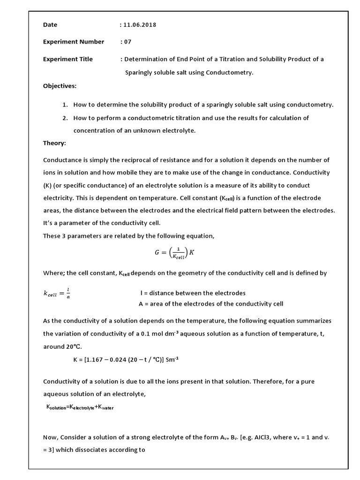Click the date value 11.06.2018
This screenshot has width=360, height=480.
pos(140,25)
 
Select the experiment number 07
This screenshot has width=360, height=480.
pos(128,42)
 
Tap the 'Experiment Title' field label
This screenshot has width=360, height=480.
pos(68,59)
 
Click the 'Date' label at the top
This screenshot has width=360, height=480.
pos(50,25)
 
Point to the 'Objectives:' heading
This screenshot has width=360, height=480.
pos(60,86)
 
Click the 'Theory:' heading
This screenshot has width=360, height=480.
pos(54,143)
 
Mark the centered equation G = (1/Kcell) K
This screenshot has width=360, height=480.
pos(174,253)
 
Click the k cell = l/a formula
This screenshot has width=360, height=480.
pos(57,293)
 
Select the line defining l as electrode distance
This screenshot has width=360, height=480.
pos(193,293)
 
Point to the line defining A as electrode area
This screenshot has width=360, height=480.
pos(211,304)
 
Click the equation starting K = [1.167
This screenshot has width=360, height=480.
pos(126,360)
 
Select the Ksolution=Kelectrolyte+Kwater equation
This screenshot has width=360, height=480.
pos(80,408)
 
